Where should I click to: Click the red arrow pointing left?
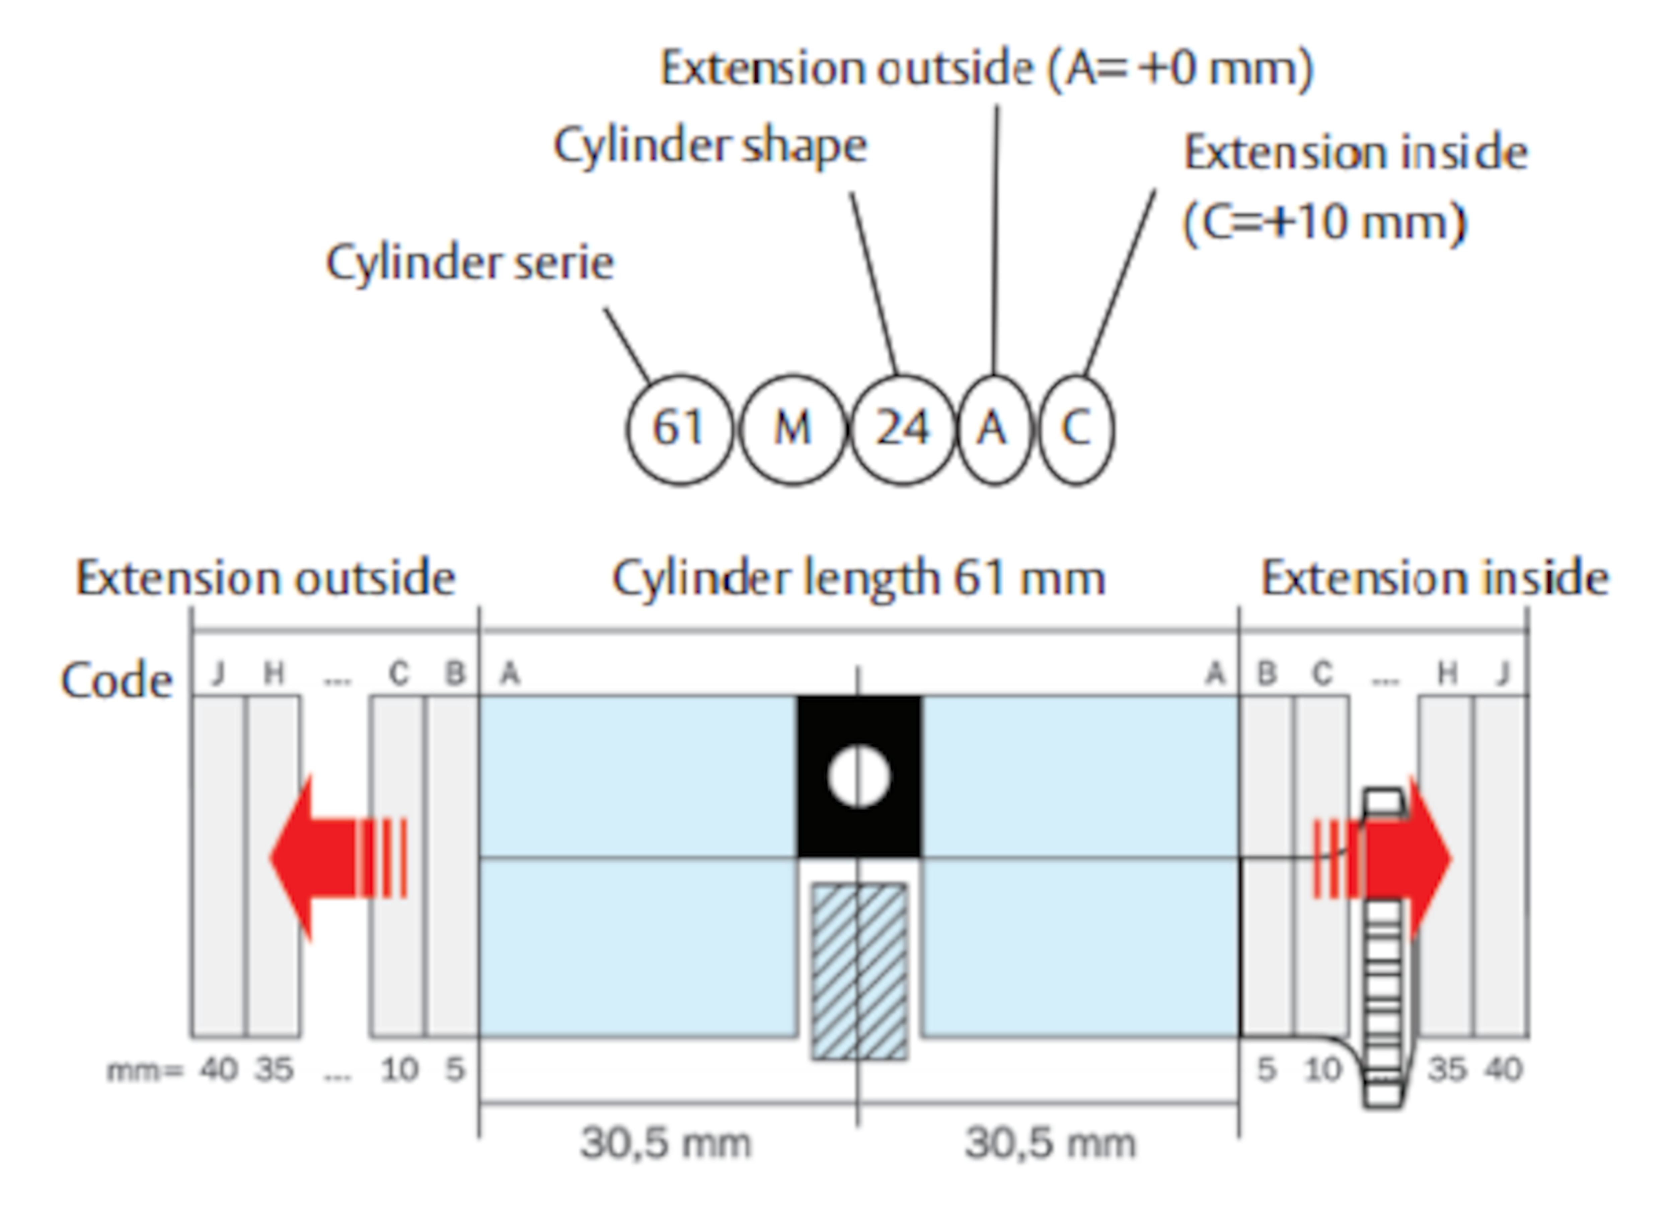pos(339,858)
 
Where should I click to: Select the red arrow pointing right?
pos(1382,858)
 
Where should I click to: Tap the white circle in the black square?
pos(859,777)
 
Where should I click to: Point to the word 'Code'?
pos(117,680)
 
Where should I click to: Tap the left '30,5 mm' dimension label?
pos(666,1143)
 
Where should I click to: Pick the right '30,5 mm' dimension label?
pos(1050,1143)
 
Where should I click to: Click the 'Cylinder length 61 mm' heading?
pos(859,579)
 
